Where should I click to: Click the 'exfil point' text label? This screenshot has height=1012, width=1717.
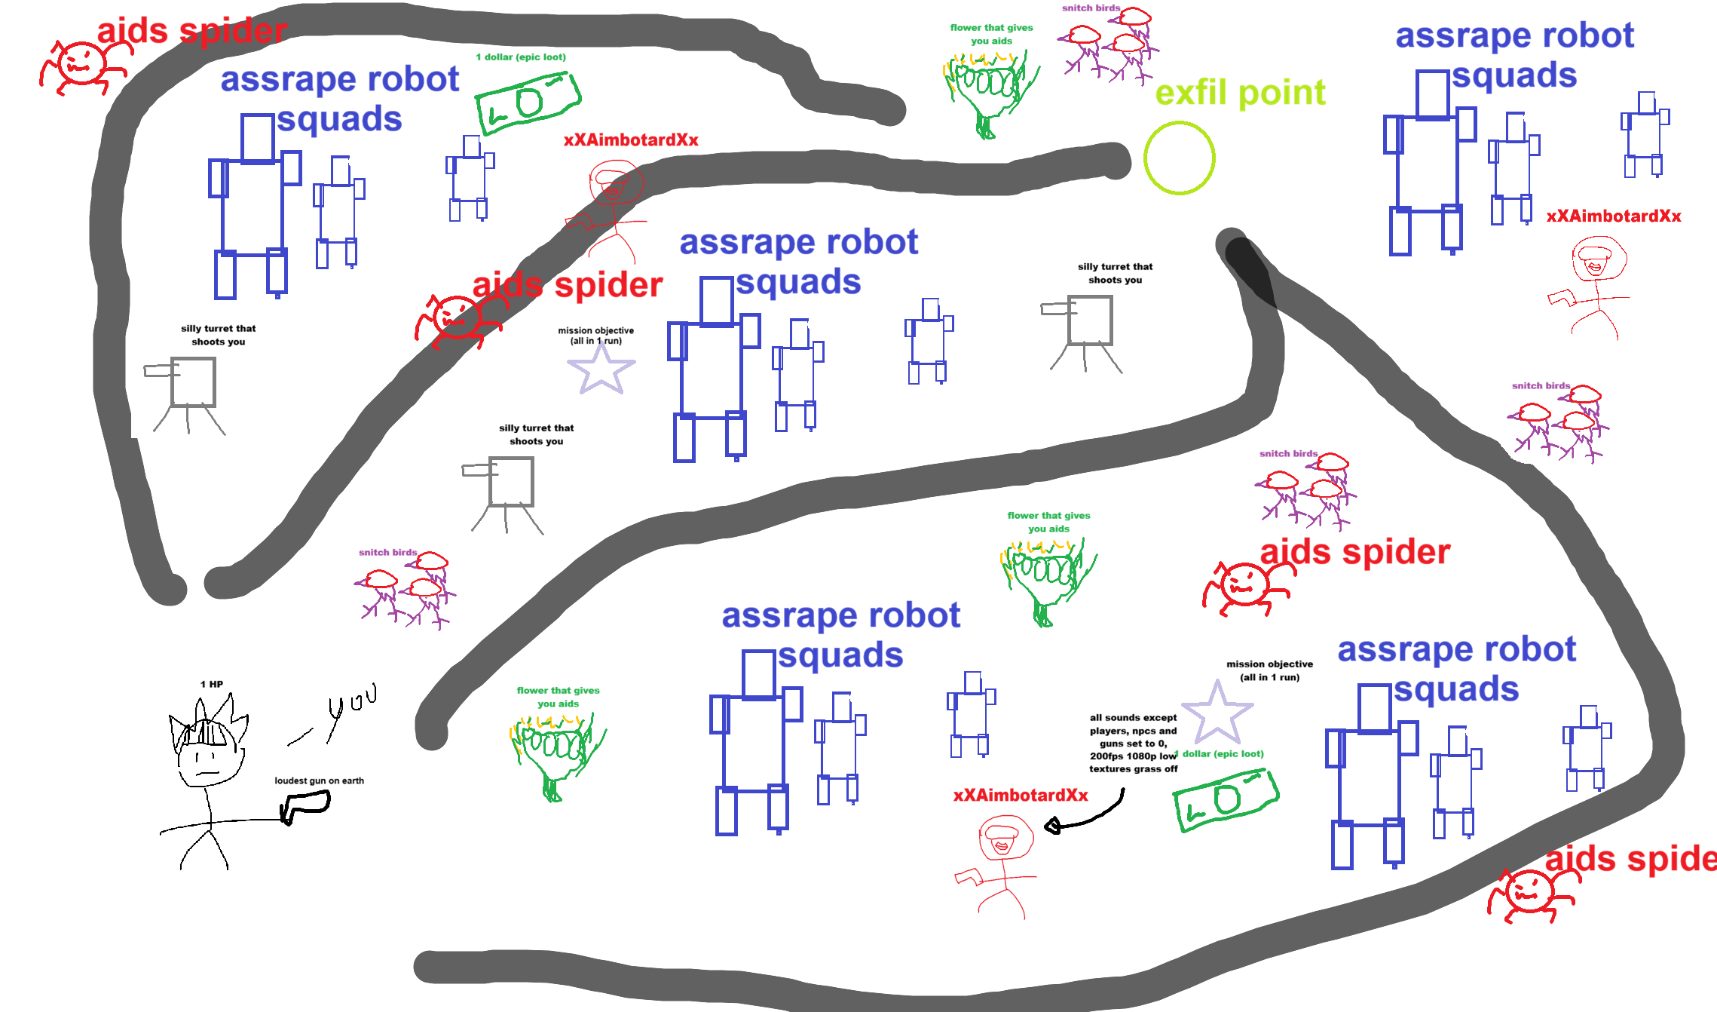(1240, 93)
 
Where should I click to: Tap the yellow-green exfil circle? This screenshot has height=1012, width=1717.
(1179, 158)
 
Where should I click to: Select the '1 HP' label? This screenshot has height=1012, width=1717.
(212, 684)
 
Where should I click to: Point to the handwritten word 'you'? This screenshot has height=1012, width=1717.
(352, 705)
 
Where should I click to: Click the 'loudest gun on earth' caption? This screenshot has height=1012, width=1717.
(319, 780)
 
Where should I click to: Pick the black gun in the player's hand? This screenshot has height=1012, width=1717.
(306, 806)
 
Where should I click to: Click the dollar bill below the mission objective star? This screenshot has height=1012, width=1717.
(1226, 799)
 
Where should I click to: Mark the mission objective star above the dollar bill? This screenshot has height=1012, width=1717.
(1217, 713)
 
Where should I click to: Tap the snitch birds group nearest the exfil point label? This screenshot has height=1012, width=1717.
(1108, 45)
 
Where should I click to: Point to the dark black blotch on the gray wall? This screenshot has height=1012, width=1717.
(1251, 271)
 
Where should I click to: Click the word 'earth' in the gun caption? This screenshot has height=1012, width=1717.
(352, 780)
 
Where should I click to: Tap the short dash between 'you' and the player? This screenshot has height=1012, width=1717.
(300, 737)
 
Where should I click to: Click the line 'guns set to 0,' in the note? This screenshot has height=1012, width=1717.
(1133, 744)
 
